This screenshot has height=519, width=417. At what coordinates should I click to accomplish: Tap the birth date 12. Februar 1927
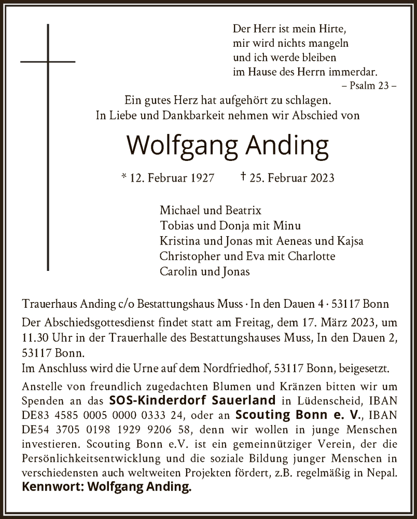point(167,178)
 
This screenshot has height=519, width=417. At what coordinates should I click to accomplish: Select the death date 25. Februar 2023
point(287,178)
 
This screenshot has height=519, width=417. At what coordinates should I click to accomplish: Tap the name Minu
point(289,226)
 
